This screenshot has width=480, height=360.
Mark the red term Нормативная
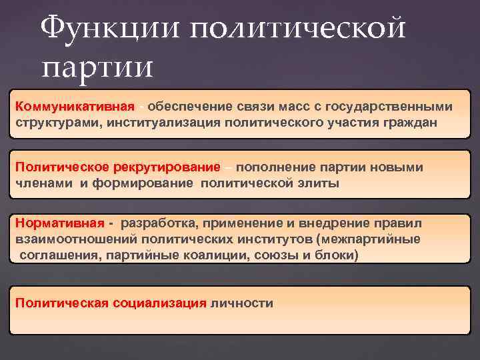(59, 223)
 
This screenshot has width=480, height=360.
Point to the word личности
(241, 303)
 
